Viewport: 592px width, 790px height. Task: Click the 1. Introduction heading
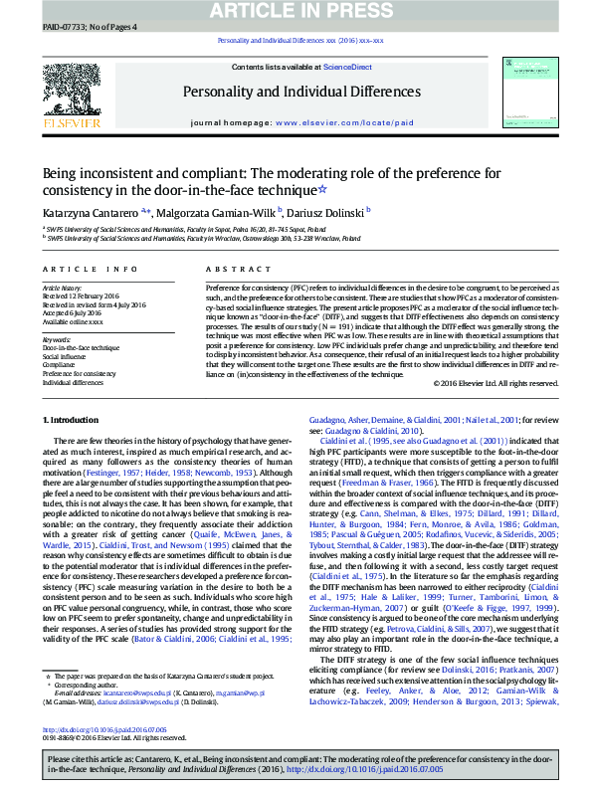(75, 449)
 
